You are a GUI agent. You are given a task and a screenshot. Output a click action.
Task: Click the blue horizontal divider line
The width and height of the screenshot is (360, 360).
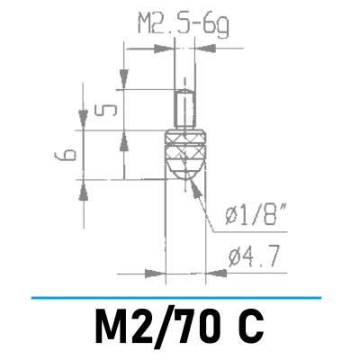(x=175, y=296)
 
